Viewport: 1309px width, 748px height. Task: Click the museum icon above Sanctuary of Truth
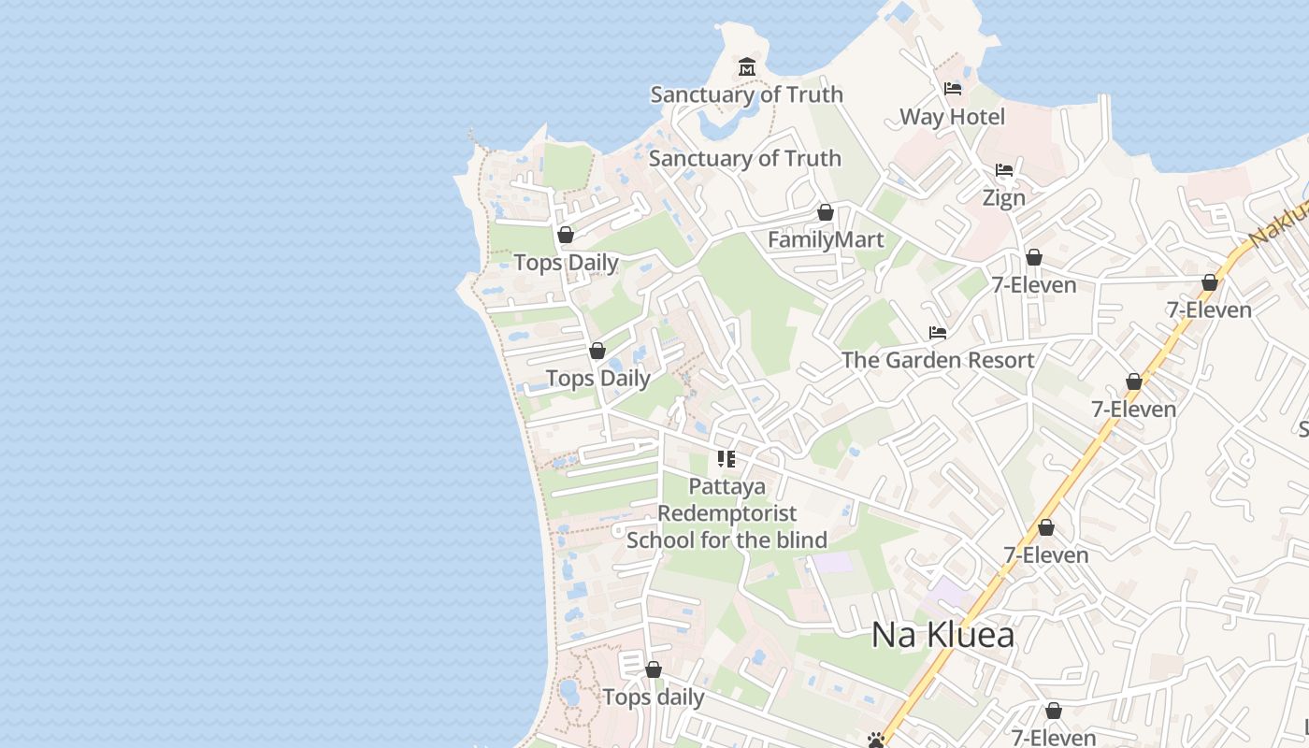pyautogui.click(x=747, y=67)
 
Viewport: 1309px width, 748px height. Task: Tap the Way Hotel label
pyautogui.click(x=952, y=117)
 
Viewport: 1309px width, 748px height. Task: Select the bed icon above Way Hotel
pyautogui.click(x=953, y=89)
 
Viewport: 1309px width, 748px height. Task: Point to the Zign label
pyautogui.click(x=1003, y=198)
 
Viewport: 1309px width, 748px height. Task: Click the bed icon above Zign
pyautogui.click(x=1004, y=170)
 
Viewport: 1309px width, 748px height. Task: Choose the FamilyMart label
pyautogui.click(x=826, y=240)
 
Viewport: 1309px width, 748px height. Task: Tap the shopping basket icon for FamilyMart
pyautogui.click(x=825, y=212)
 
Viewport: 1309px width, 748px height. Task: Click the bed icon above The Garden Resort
pyautogui.click(x=938, y=333)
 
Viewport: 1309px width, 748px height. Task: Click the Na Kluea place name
pyautogui.click(x=942, y=635)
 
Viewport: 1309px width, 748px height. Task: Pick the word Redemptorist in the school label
pyautogui.click(x=727, y=513)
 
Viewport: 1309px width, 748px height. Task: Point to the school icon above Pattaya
pyautogui.click(x=726, y=459)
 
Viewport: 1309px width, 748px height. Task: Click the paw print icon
pyautogui.click(x=876, y=741)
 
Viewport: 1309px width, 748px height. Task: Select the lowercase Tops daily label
pyautogui.click(x=654, y=698)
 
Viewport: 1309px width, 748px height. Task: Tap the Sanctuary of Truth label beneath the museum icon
pyautogui.click(x=746, y=94)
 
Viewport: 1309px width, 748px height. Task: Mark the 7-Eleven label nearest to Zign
pyautogui.click(x=1034, y=285)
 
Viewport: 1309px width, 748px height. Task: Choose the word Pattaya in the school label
pyautogui.click(x=726, y=486)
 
